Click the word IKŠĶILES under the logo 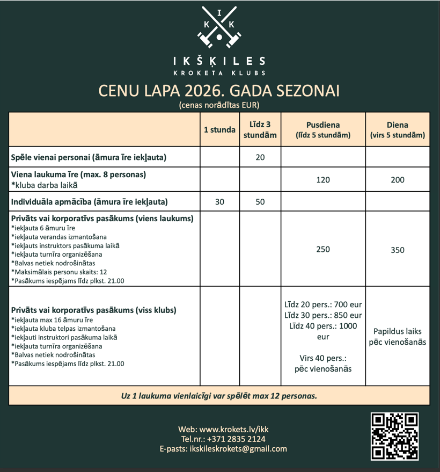tap(219, 61)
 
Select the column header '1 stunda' tap(219, 129)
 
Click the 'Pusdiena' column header tap(323, 125)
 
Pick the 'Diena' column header tap(398, 125)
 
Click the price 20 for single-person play tap(260, 157)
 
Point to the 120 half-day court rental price tap(323, 180)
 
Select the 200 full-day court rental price tap(398, 180)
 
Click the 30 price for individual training tap(219, 202)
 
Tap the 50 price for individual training tap(260, 202)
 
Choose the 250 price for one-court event tap(323, 249)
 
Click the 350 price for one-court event tap(398, 250)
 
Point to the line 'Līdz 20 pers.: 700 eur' tap(323, 304)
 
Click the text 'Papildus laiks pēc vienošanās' tap(398, 337)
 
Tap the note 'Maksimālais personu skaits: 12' tap(59, 272)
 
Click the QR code tap(394, 436)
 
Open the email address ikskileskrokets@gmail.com tap(238, 448)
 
